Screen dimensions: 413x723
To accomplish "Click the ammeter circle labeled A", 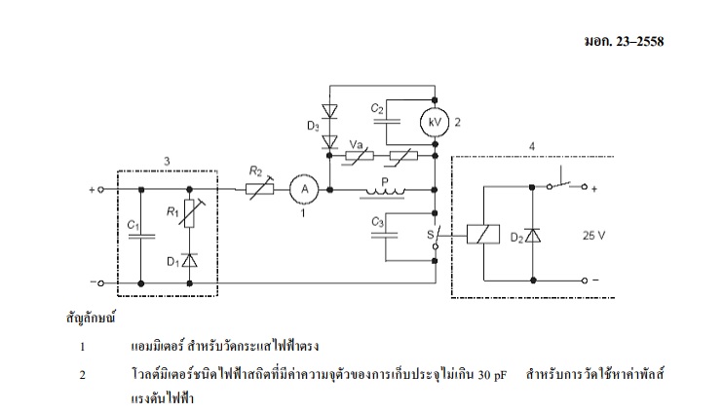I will click(302, 189).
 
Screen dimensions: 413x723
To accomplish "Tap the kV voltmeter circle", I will click(433, 124).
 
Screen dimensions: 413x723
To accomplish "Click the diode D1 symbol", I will click(190, 260).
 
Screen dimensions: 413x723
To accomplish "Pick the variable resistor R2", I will click(257, 189).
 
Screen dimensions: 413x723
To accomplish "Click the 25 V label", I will click(594, 235).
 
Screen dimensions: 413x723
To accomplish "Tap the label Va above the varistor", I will click(357, 143).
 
